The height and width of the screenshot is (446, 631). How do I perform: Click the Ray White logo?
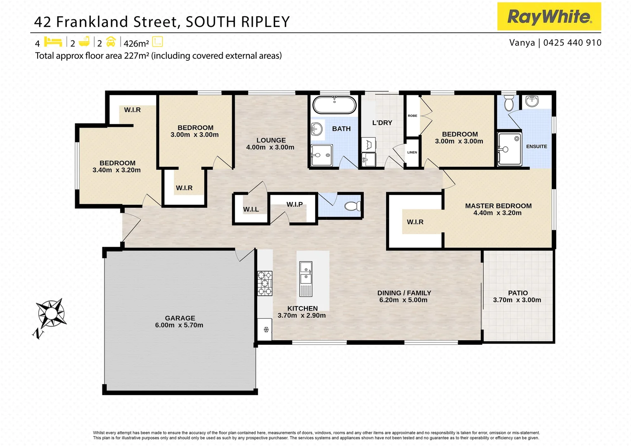pos(549,17)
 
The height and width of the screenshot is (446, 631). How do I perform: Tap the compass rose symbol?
pos(50,313)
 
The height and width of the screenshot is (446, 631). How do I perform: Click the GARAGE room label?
pos(180,318)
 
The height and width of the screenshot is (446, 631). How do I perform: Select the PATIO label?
pos(518,293)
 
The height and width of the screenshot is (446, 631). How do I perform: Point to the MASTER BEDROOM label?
pos(498,206)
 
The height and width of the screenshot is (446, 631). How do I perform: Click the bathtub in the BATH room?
pos(334,105)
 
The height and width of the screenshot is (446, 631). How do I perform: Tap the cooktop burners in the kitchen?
pos(265,283)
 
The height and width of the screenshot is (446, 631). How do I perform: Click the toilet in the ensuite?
pos(509,103)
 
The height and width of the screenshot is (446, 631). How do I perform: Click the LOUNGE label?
pos(271,140)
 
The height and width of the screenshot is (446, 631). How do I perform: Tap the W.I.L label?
pos(251,209)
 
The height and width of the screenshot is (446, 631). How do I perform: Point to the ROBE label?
pos(413,116)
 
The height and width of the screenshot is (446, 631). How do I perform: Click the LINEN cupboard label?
pos(412,152)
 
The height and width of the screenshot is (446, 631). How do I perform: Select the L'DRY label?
pos(382,123)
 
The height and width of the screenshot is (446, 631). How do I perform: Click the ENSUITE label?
pos(536,147)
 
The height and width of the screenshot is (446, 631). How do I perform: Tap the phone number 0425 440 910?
pos(572,43)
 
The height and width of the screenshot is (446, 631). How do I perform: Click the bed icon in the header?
pos(53,42)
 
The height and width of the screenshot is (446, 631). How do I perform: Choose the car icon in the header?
pos(111,42)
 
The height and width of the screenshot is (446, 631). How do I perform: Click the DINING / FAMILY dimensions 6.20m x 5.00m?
pos(403,300)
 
